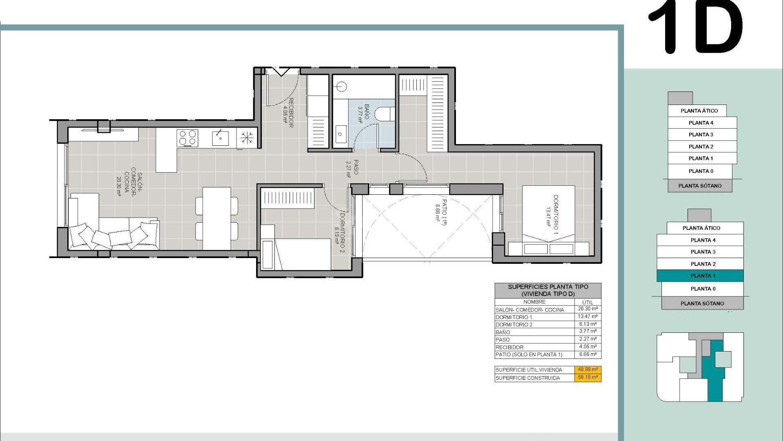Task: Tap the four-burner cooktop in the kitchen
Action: pos(187,138)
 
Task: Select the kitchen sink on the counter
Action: pos(220,138)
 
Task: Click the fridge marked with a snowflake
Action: pos(247,138)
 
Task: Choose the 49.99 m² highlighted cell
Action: pos(588,370)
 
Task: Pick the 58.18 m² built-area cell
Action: pos(588,377)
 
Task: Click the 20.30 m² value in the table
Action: pos(588,309)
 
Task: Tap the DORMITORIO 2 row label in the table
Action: pos(514,325)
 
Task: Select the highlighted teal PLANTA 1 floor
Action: pos(700,276)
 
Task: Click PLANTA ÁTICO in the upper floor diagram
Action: pos(699,111)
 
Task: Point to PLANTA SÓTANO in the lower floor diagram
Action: pos(702,303)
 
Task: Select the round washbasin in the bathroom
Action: pos(341,86)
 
